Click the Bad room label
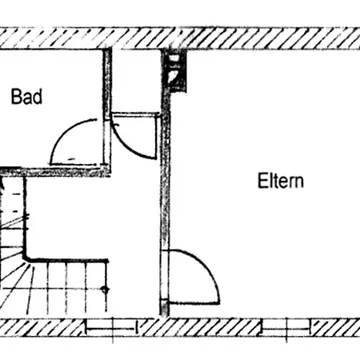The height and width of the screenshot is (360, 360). [x=26, y=97]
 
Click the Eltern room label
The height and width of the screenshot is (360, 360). [x=281, y=181]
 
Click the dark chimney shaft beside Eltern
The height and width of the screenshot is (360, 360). [x=175, y=71]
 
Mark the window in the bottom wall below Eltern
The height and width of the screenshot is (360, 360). [x=287, y=329]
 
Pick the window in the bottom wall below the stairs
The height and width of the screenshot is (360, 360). [x=113, y=329]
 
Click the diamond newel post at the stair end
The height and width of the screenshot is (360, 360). [x=106, y=290]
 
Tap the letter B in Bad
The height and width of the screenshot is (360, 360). [x=15, y=97]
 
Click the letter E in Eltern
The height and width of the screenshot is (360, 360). [x=262, y=181]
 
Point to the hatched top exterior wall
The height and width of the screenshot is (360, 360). [x=180, y=38]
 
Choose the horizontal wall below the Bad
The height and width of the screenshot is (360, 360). [x=54, y=172]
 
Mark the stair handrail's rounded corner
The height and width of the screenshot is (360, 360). [x=26, y=258]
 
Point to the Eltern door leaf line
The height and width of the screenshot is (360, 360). [x=194, y=303]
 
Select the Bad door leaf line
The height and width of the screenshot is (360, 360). [x=74, y=164]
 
